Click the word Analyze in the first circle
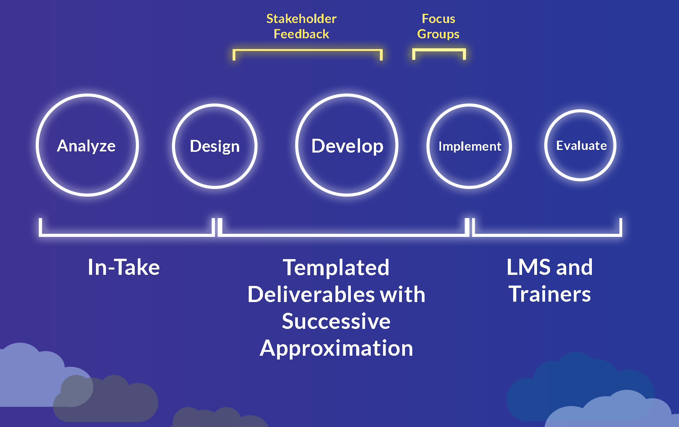pos(86,146)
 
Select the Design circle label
pos(215,146)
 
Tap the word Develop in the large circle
pos(347,146)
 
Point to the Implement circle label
pos(469,146)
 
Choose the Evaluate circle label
pos(581,146)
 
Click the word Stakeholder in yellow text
pos(301,19)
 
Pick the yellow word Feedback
pos(301,34)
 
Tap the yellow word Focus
pos(438,19)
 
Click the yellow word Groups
pos(438,34)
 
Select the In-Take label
pos(124,267)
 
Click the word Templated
pos(336,267)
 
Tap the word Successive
pos(336,321)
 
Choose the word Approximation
pos(336,348)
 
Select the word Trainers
pos(550,294)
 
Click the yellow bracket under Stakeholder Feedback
pos(307,50)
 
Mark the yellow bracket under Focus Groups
pos(439,50)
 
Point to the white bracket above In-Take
pos(126,234)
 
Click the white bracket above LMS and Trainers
pos(547,234)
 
